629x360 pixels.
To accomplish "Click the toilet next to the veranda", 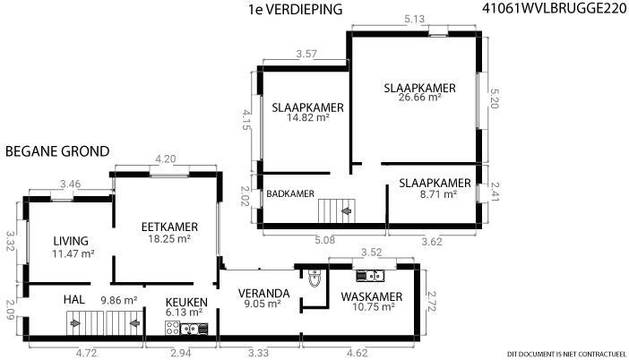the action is [314, 279].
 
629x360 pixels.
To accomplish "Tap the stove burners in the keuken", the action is [173, 328].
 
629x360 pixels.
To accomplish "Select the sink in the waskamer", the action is [370, 276].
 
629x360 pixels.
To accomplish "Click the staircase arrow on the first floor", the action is [347, 210].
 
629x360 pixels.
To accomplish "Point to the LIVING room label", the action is [71, 241].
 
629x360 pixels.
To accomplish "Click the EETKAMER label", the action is [169, 227].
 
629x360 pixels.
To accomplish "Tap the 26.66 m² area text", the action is [419, 97].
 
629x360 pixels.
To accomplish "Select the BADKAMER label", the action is [290, 193].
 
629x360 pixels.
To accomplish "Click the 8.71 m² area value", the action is [436, 194].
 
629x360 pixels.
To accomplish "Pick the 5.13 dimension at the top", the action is [414, 19].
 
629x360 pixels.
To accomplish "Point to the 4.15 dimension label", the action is [246, 121].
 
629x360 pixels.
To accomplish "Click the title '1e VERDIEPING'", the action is [296, 9].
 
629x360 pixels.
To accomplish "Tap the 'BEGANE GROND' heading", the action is [57, 151].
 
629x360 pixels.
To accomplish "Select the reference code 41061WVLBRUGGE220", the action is [554, 9].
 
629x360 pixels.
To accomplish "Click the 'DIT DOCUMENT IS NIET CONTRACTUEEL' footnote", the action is [566, 354].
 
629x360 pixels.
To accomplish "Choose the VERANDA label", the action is [263, 294].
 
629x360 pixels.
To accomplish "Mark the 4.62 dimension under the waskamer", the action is [357, 353].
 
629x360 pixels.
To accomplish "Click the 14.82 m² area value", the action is [308, 117].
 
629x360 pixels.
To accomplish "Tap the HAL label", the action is [74, 299].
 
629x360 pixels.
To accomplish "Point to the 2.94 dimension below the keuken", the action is [181, 353].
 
